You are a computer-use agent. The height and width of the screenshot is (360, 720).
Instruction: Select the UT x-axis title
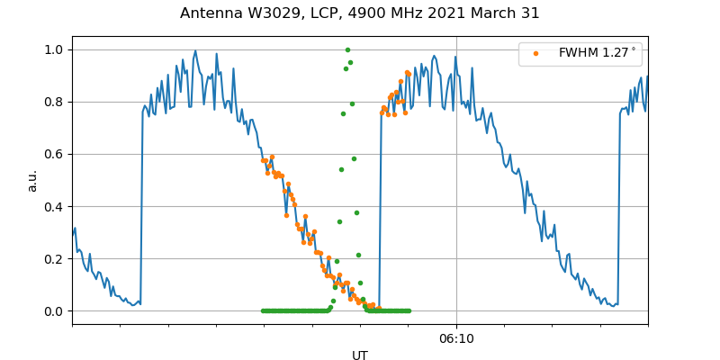(360, 355)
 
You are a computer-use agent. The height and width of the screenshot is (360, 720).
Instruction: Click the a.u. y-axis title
(32, 180)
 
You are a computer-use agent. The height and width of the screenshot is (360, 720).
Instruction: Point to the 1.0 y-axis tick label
(55, 49)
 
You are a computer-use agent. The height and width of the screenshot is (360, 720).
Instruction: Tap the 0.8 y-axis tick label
(55, 102)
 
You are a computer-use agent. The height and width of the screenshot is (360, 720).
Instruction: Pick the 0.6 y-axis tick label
(55, 154)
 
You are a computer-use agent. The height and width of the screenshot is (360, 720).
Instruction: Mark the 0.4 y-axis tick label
(55, 206)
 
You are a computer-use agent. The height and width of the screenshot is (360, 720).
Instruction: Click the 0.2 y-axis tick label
(55, 258)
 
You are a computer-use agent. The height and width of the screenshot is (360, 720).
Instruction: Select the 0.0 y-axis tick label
(55, 311)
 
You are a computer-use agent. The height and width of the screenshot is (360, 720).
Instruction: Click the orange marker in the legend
(535, 53)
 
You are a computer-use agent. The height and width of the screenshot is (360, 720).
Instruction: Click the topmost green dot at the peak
(347, 49)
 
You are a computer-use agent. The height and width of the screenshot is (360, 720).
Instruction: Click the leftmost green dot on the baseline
(263, 310)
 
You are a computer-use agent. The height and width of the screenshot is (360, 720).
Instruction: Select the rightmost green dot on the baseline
(409, 310)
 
